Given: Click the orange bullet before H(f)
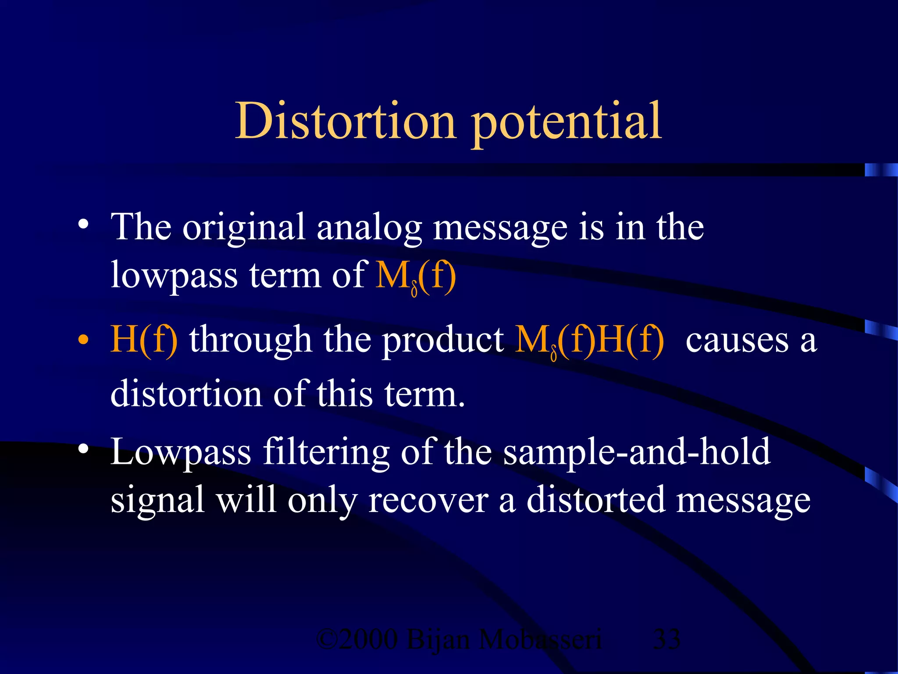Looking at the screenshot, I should tap(83, 340).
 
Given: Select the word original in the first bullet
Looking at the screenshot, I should tap(244, 228).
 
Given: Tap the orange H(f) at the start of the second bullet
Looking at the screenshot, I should tap(144, 340).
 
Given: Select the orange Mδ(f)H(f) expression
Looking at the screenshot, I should tap(589, 341).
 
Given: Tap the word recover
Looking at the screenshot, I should tap(428, 500).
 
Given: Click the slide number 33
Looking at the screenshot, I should tap(666, 639).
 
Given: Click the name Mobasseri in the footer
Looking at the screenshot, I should tap(540, 639).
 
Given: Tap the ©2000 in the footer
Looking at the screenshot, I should tap(357, 639).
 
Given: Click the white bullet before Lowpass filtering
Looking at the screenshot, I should tap(83, 449).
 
